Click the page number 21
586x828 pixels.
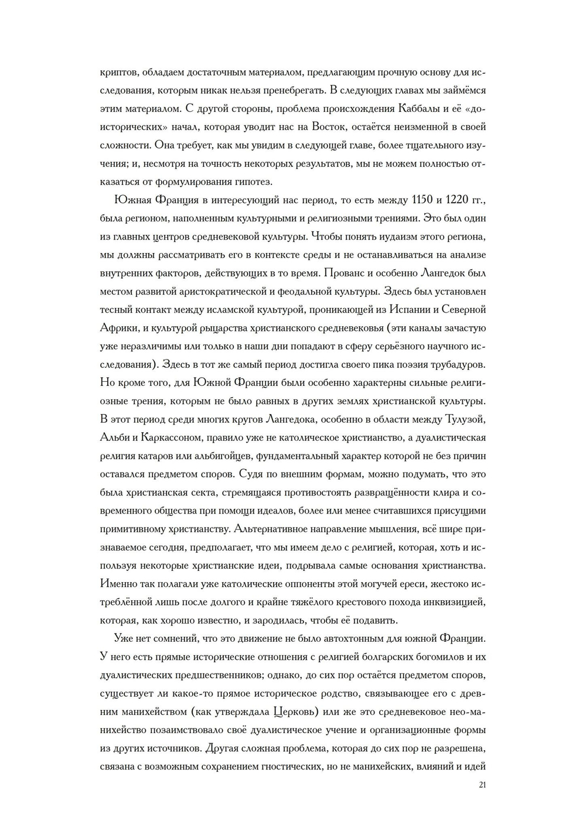tap(482, 785)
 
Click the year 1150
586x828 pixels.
tap(422, 200)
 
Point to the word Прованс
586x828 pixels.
tap(344, 273)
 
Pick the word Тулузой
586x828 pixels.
tap(465, 419)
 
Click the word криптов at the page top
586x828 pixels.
tap(119, 72)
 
